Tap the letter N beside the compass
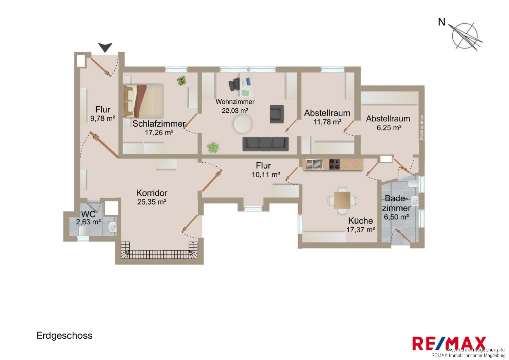coord(441,22)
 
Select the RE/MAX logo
coord(449,343)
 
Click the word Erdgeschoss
coord(64,336)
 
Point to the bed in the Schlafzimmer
coord(144,101)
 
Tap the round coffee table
coord(243,124)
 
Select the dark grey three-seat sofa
coord(266,144)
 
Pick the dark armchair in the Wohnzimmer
coord(277,114)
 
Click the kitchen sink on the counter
coord(315,164)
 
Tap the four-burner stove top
coord(335,164)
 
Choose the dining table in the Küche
coord(342,200)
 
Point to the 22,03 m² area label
coord(235,111)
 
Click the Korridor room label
coord(152,193)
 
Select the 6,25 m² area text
coord(389,128)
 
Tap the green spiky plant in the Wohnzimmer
coord(213,148)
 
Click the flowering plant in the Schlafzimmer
coord(182,81)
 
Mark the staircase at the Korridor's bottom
coord(159,250)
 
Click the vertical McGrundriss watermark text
coord(422,128)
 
